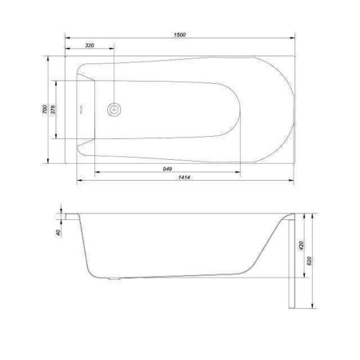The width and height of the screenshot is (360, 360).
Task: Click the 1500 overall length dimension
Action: (180, 34)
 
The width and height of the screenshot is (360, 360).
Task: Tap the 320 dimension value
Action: (90, 46)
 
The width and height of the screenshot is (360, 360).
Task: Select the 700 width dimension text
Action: (45, 110)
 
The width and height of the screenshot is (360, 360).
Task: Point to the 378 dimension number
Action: (53, 110)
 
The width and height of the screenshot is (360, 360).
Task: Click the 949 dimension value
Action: (167, 169)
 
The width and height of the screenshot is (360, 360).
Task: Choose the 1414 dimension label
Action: (184, 177)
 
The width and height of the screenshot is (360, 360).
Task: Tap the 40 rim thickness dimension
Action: (58, 233)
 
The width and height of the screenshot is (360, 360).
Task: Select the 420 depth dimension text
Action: (302, 246)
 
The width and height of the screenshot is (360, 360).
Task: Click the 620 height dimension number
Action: (310, 261)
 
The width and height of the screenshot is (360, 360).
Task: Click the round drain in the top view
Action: (114, 110)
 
